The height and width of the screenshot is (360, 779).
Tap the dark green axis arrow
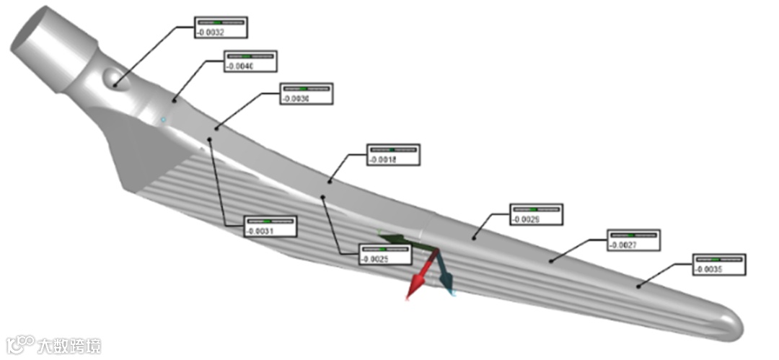[x=393, y=239]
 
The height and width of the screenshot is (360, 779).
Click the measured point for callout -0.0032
[x=113, y=86]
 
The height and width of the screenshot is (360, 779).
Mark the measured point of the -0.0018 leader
[x=330, y=180]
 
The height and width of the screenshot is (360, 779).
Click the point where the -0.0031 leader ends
[x=210, y=138]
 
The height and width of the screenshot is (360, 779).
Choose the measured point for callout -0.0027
[x=552, y=260]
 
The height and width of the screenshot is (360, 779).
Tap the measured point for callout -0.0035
[x=638, y=286]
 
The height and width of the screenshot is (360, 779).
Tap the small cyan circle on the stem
[x=164, y=119]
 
